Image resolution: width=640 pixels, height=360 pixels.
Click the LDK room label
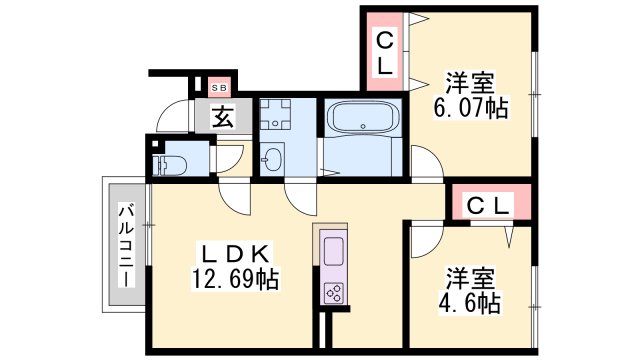pos(236,255)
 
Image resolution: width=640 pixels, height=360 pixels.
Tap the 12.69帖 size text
pos(236,280)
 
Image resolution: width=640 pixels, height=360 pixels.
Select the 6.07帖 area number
pos(471,108)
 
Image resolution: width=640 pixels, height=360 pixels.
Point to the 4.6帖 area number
pos(469,303)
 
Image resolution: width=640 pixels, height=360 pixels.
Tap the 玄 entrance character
pos(223,116)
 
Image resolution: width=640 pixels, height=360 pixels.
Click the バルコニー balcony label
pos(127,244)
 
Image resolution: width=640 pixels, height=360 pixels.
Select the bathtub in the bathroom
pos(363,116)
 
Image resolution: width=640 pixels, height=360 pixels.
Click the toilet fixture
pos(169,166)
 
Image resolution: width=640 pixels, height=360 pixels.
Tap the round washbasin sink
pos(272,158)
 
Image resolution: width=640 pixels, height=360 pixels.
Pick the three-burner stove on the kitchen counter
pos(333,293)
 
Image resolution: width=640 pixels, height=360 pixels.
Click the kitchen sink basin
pos(333,251)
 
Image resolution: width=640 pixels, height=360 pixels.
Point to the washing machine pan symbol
pos(275,114)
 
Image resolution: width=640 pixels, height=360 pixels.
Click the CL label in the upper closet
pos(384,54)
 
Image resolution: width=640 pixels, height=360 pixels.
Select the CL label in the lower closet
pos(489,206)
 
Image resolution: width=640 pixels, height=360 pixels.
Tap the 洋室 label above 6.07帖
pos(470,83)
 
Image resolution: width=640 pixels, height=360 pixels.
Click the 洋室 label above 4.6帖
pos(470,278)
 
